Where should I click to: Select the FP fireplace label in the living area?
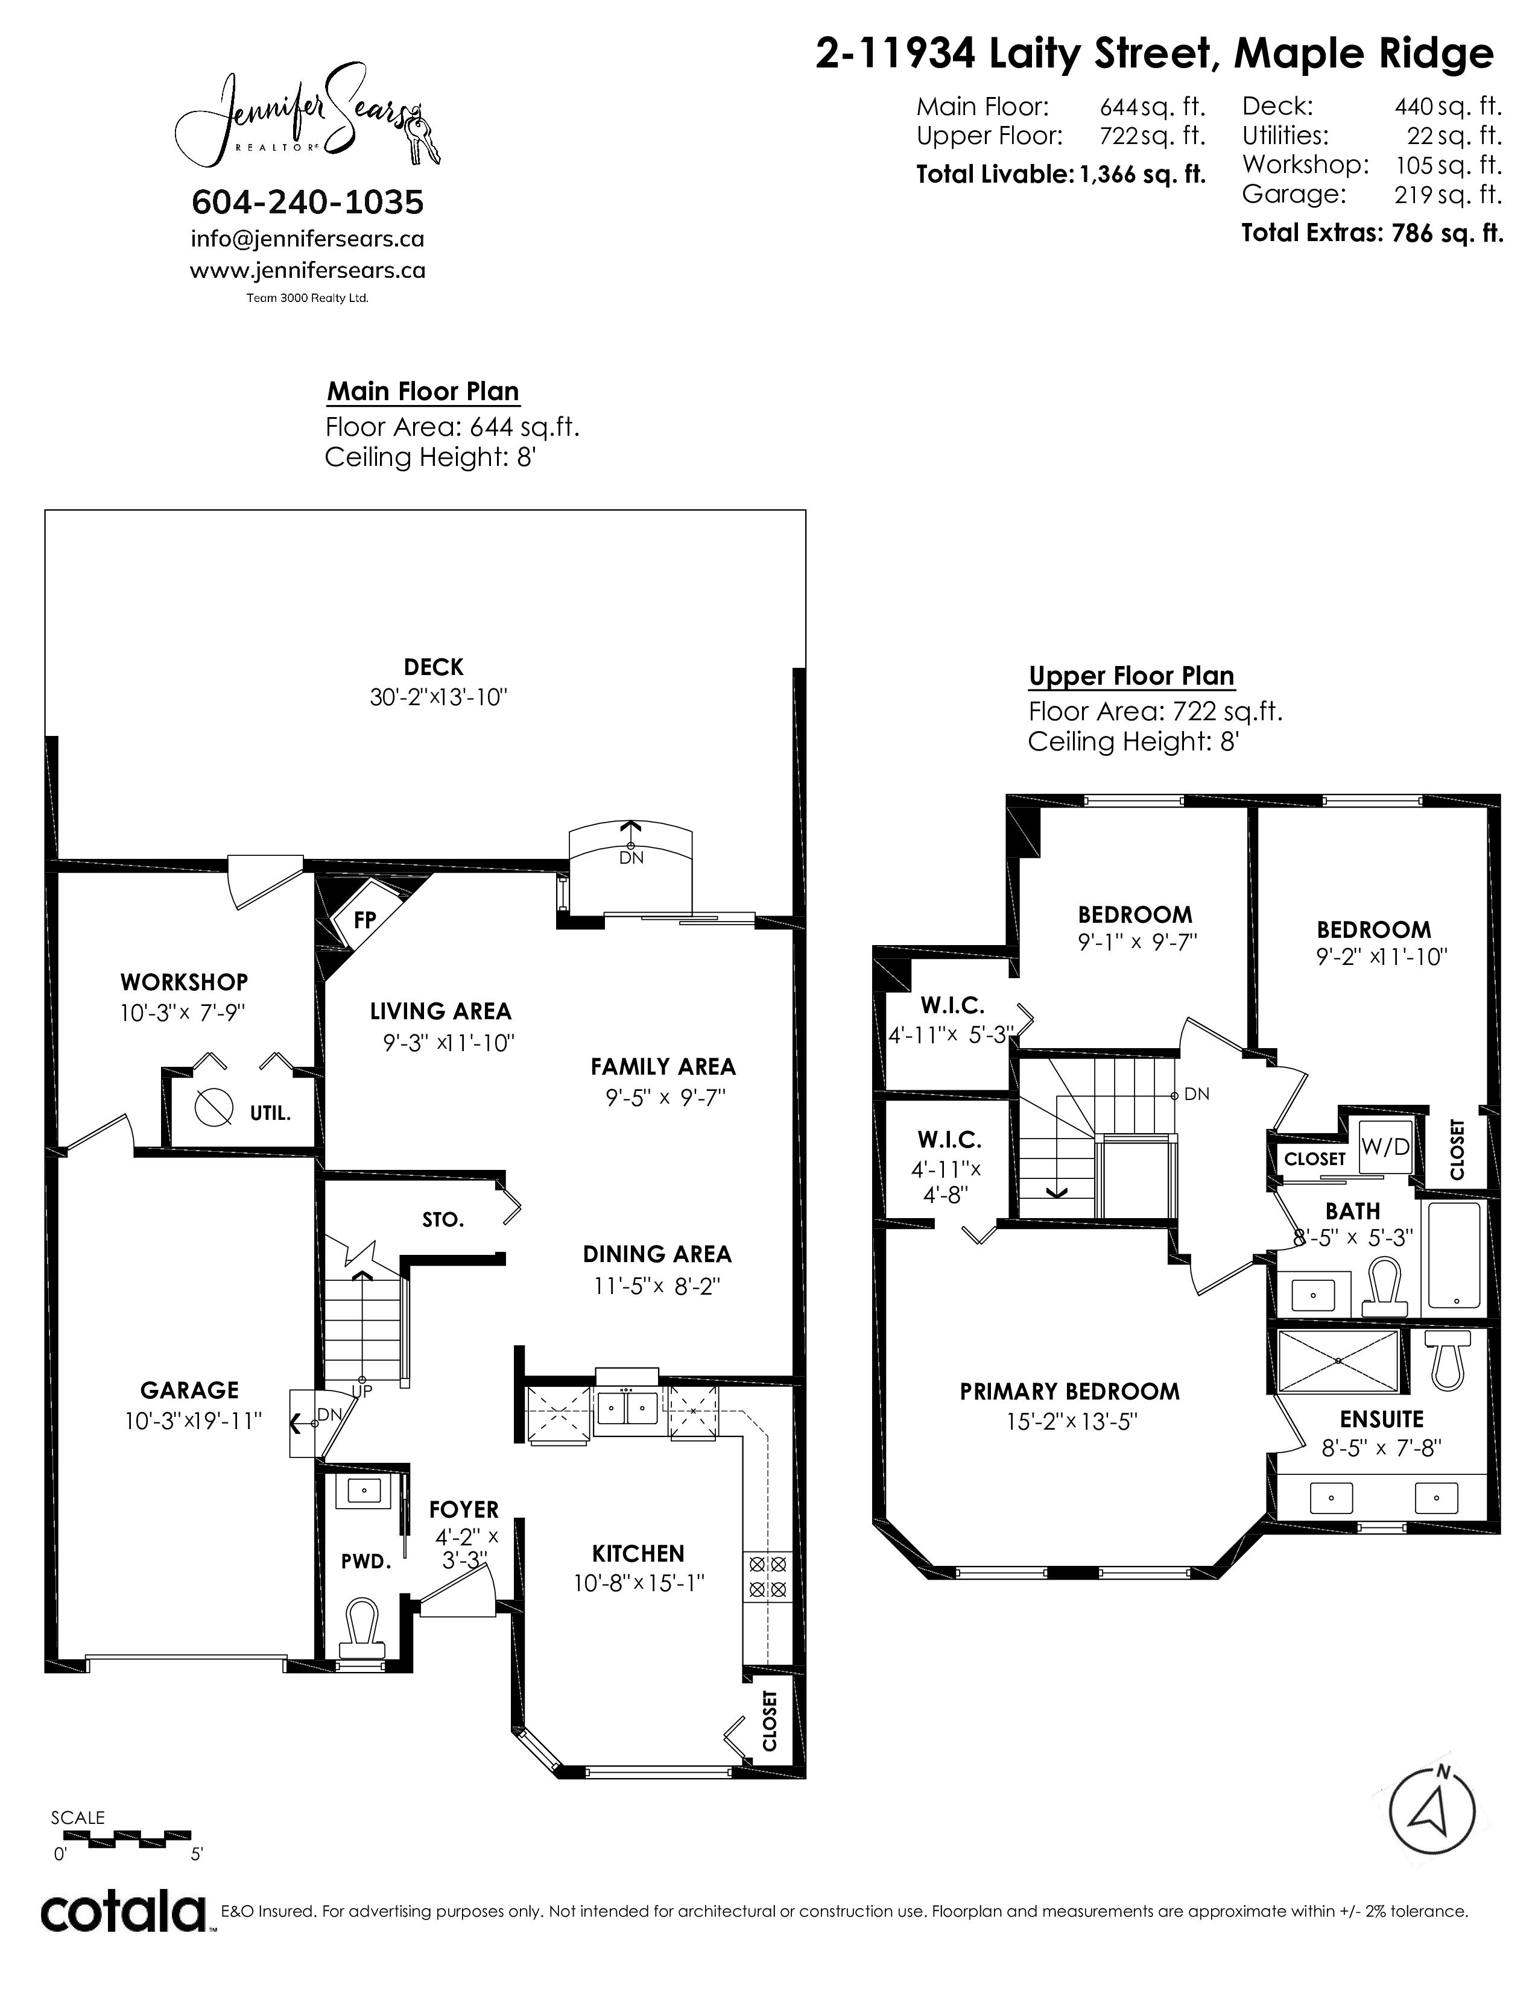click(364, 920)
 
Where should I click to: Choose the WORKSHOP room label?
click(184, 982)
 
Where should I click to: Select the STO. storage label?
click(443, 1219)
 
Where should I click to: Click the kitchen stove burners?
click(767, 1577)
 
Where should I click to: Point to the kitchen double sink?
click(626, 1411)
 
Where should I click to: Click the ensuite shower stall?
click(1338, 1360)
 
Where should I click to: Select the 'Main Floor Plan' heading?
click(423, 392)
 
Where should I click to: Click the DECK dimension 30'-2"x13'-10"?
click(438, 697)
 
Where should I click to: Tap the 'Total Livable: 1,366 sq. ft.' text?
click(1060, 174)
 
